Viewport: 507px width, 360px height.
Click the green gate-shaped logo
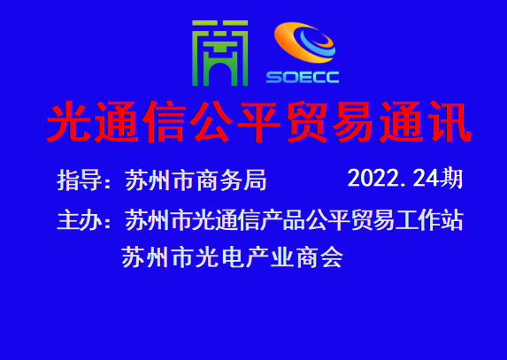pyautogui.click(x=219, y=53)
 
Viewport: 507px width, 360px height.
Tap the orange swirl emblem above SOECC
pyautogui.click(x=304, y=42)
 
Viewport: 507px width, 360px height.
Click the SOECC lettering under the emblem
pyautogui.click(x=303, y=77)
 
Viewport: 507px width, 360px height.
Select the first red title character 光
pyautogui.click(x=68, y=122)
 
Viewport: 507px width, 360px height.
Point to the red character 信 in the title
pyautogui.click(x=164, y=122)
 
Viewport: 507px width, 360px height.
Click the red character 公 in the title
pyautogui.click(x=211, y=122)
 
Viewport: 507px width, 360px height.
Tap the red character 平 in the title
pyautogui.click(x=258, y=122)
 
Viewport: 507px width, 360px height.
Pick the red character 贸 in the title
pyautogui.click(x=306, y=122)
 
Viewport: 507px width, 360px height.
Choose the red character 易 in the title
pyautogui.click(x=353, y=122)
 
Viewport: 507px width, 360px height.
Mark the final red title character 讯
pyautogui.click(x=449, y=122)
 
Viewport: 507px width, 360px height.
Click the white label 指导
pyautogui.click(x=80, y=180)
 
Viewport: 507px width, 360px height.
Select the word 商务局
pyautogui.click(x=231, y=180)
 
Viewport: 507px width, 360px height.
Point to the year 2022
pyautogui.click(x=373, y=178)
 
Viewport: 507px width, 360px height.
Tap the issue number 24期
pyautogui.click(x=438, y=178)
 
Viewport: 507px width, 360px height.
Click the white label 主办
pyautogui.click(x=80, y=220)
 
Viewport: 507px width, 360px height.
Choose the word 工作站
pyautogui.click(x=429, y=220)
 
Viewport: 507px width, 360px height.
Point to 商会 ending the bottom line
pyautogui.click(x=319, y=257)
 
